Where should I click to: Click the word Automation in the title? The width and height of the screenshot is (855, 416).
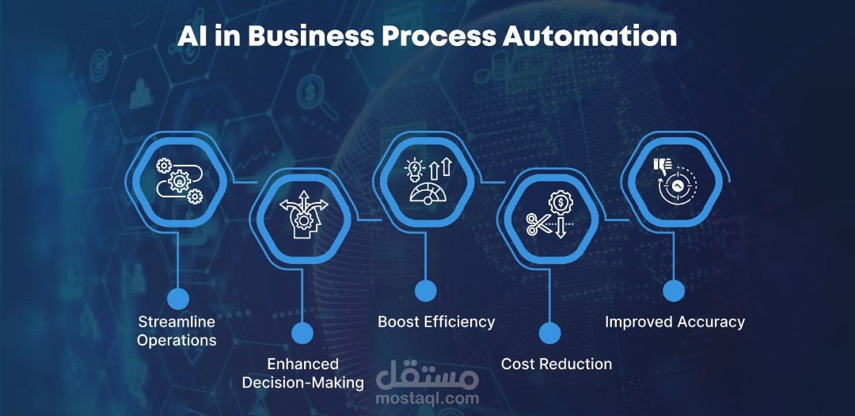click(590, 36)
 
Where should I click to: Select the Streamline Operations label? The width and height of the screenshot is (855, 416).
click(177, 331)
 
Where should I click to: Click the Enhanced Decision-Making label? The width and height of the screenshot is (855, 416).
click(303, 373)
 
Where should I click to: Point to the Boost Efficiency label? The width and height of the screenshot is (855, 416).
click(436, 322)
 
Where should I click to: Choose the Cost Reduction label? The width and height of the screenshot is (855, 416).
click(557, 364)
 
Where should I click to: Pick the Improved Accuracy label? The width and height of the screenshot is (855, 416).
click(674, 322)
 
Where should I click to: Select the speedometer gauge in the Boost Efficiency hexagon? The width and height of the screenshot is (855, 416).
click(428, 193)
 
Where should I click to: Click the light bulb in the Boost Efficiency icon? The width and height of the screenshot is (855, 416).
click(415, 170)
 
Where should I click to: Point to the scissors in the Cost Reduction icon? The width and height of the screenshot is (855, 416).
click(539, 223)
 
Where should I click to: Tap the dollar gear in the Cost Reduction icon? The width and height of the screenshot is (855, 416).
click(560, 203)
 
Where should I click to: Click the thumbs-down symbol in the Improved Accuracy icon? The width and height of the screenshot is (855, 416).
click(662, 166)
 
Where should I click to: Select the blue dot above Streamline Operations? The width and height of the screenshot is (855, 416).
click(178, 299)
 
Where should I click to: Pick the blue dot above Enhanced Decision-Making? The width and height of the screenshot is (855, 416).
click(302, 333)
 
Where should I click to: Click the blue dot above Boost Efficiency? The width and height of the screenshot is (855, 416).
click(425, 291)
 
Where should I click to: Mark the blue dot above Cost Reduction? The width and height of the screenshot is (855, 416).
click(549, 333)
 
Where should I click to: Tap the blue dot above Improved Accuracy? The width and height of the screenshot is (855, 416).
click(674, 291)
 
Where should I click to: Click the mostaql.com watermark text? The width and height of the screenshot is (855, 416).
click(427, 398)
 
